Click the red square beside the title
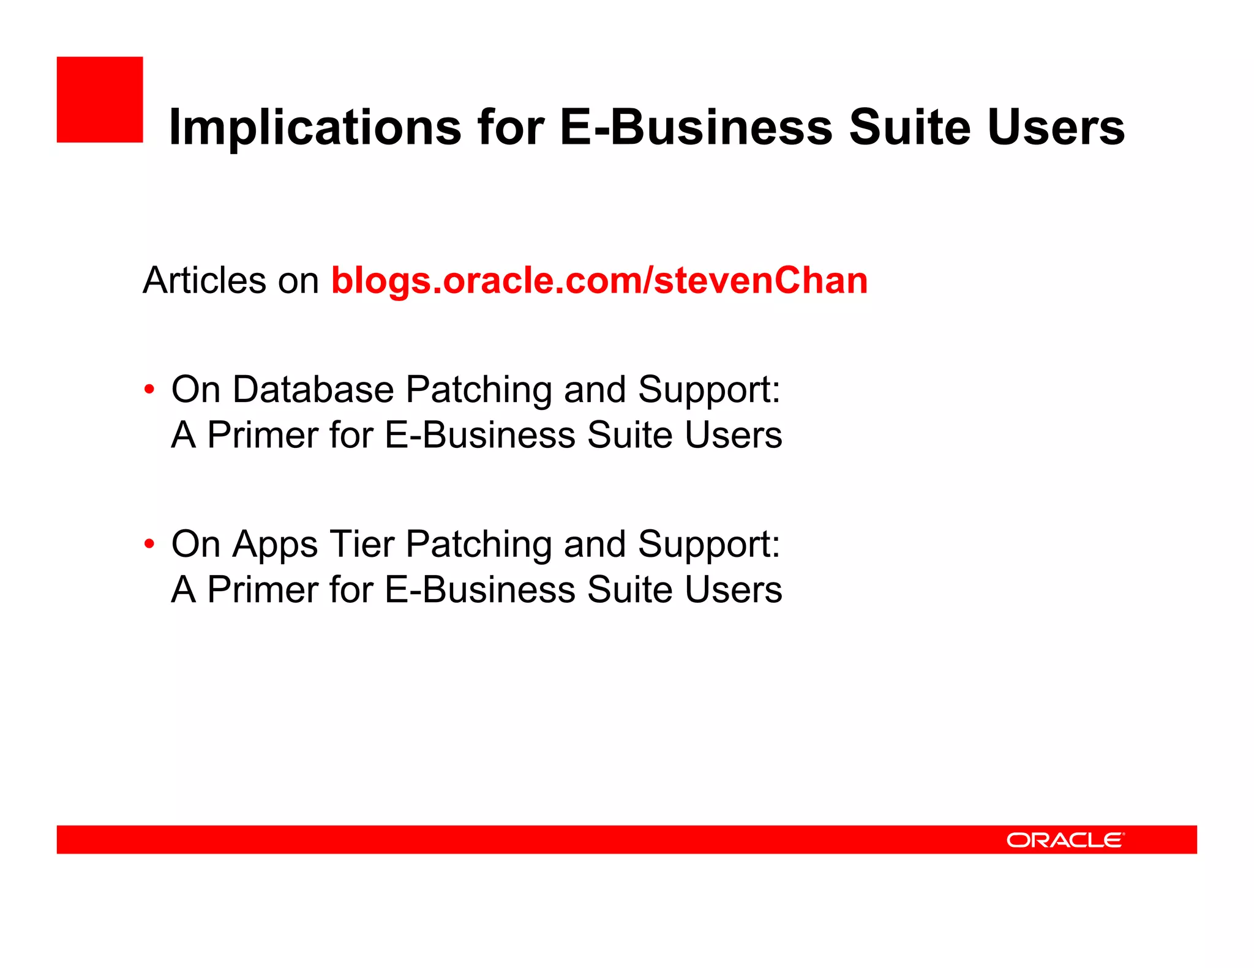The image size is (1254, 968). pyautogui.click(x=100, y=100)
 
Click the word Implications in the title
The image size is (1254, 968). pyautogui.click(x=315, y=127)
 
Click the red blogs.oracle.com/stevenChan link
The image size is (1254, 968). pyautogui.click(x=599, y=281)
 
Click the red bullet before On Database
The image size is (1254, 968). pyautogui.click(x=149, y=390)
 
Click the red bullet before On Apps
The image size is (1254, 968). pyautogui.click(x=149, y=544)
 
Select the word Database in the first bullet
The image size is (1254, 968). pyautogui.click(x=313, y=390)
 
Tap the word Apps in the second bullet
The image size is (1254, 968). pyautogui.click(x=275, y=545)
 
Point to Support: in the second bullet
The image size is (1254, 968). pyautogui.click(x=709, y=545)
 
